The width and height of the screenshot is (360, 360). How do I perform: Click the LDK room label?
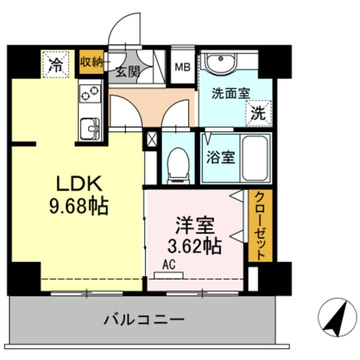point(79,184)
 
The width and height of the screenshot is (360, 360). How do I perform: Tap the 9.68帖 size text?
point(79,205)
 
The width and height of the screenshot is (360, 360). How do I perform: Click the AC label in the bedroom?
point(168,266)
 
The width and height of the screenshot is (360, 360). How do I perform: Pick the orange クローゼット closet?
point(260,225)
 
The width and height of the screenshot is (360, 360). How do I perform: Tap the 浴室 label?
point(221,157)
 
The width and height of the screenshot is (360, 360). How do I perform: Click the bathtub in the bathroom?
point(255,157)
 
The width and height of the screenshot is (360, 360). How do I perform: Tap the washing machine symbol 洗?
point(258,112)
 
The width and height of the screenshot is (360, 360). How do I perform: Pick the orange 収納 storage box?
point(91,62)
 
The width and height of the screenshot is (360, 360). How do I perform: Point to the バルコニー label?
point(144,318)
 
